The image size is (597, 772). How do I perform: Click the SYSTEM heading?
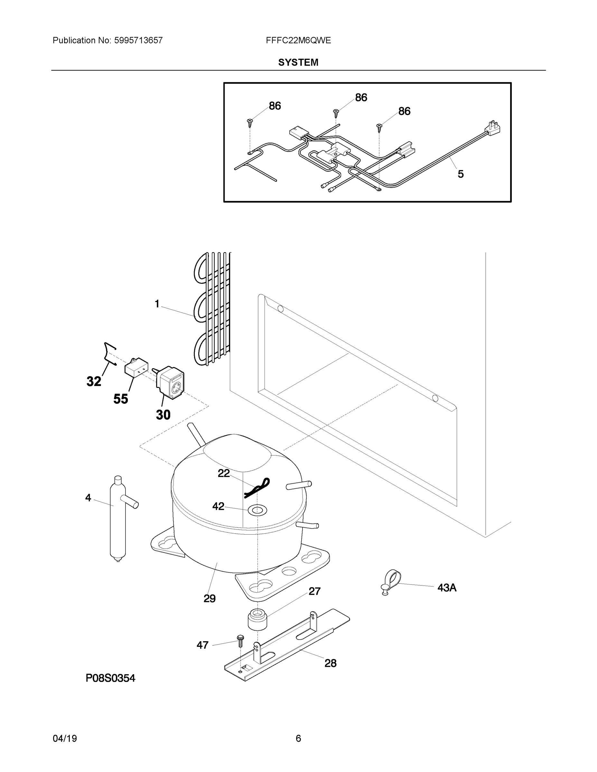pyautogui.click(x=298, y=63)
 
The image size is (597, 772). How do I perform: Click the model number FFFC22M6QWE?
pyautogui.click(x=298, y=41)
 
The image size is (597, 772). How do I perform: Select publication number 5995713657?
pyautogui.click(x=138, y=41)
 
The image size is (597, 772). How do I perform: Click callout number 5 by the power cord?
pyautogui.click(x=461, y=174)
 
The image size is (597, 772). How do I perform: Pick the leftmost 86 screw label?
pyautogui.click(x=275, y=106)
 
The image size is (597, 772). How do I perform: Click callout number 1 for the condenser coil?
pyautogui.click(x=157, y=304)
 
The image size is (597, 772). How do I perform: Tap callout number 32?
pyautogui.click(x=94, y=381)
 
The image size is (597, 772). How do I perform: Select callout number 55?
pyautogui.click(x=121, y=399)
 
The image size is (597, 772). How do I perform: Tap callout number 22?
pyautogui.click(x=224, y=473)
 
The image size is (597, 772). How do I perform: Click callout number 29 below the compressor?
pyautogui.click(x=210, y=598)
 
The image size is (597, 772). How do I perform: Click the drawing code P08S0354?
pyautogui.click(x=110, y=678)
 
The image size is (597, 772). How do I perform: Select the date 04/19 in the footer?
pyautogui.click(x=65, y=739)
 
